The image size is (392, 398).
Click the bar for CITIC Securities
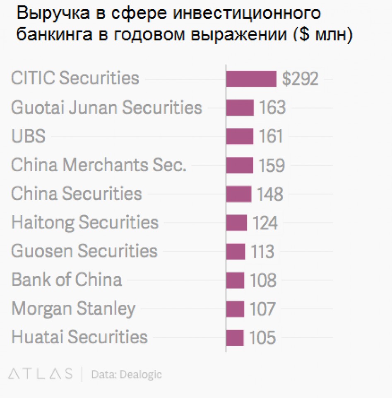[x=251, y=79]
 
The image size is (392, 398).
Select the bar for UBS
[x=240, y=136]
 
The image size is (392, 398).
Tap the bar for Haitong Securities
[x=236, y=223]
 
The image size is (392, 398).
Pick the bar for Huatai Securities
[x=235, y=337]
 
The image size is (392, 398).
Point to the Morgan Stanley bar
[x=235, y=309]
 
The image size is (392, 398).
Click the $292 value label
[x=300, y=79]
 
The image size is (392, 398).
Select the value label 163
[x=272, y=108]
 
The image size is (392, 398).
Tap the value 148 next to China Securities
[x=270, y=194]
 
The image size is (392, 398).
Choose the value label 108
[x=263, y=280]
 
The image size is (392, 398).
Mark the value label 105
[x=262, y=337]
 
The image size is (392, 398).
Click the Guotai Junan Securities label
[x=106, y=108]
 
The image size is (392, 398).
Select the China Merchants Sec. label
[x=99, y=165]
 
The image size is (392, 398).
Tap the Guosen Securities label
[x=84, y=251]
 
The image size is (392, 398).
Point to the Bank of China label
[x=66, y=280]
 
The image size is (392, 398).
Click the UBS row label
[x=28, y=136]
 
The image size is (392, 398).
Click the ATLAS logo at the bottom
[x=41, y=374]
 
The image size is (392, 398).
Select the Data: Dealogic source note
[x=126, y=374]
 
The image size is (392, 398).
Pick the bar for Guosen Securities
[x=236, y=251]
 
